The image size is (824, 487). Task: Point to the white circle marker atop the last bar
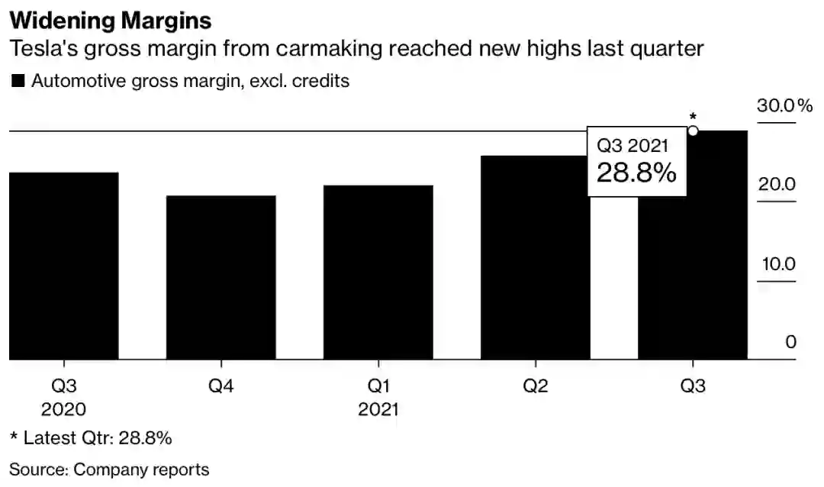click(693, 131)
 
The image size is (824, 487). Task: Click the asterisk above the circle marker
click(693, 117)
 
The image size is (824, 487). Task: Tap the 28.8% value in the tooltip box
click(636, 173)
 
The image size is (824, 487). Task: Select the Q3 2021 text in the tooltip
click(632, 146)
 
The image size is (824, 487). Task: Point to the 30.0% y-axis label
click(784, 105)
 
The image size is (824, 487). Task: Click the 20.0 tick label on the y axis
click(779, 185)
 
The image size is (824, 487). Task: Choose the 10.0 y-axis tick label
click(779, 264)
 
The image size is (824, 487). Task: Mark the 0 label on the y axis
click(791, 342)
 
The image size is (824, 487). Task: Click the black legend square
click(18, 81)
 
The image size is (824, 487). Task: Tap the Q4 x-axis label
click(221, 385)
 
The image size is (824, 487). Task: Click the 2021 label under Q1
click(378, 409)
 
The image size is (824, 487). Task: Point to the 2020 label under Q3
click(64, 409)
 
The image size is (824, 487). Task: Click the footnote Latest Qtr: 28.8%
click(91, 438)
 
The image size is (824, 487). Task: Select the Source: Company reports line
click(109, 469)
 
